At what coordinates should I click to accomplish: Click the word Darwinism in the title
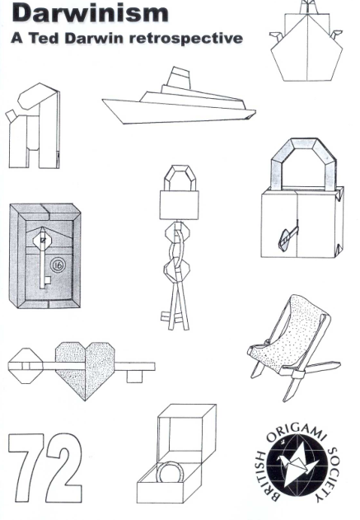click(x=91, y=13)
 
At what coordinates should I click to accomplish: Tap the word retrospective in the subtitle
click(x=186, y=39)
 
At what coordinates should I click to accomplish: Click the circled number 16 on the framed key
click(x=58, y=265)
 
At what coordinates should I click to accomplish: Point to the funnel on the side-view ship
click(x=180, y=78)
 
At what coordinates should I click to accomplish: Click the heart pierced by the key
click(x=85, y=370)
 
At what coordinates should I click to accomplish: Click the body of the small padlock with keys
click(x=179, y=204)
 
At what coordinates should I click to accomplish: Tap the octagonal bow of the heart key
click(x=26, y=366)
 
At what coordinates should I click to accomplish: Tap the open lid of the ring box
click(x=187, y=431)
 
